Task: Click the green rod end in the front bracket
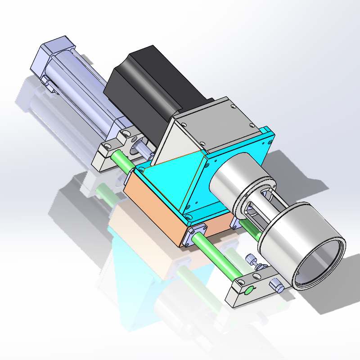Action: (x=248, y=289)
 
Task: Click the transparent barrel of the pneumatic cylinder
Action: (x=85, y=90)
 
